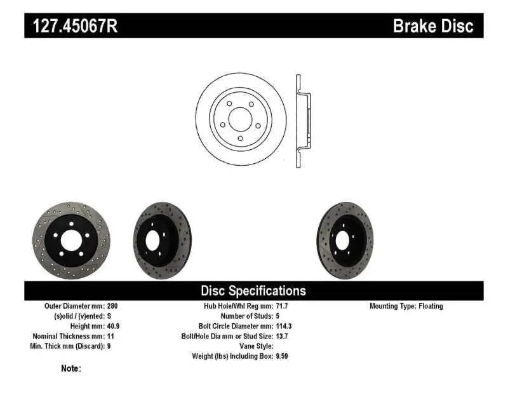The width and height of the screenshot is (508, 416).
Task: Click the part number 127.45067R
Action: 70,25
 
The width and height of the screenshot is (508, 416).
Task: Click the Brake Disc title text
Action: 433,25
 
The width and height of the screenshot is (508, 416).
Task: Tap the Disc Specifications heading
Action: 253,291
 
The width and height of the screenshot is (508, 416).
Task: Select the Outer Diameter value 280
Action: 112,306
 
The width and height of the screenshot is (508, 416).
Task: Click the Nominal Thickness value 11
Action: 111,336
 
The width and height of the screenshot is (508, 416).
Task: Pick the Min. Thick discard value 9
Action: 109,346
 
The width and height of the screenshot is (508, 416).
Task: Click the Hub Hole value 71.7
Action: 282,306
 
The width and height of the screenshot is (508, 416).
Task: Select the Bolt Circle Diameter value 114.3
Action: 284,326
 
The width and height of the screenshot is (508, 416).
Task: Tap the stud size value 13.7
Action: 282,336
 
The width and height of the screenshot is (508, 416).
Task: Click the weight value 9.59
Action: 282,356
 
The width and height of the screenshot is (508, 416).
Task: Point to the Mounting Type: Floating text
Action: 406,306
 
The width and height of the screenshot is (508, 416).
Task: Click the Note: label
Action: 71,368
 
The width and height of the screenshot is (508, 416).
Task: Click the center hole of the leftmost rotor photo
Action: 70,241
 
